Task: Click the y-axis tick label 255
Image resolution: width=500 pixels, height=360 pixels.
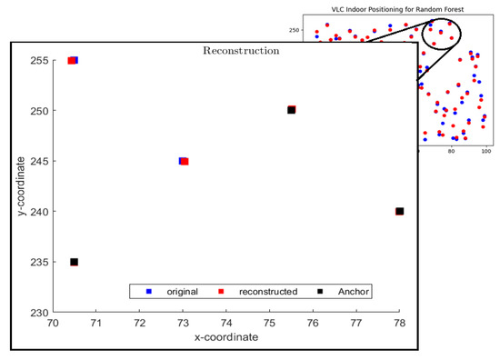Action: tap(40, 61)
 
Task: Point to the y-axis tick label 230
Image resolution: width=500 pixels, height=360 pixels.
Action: tap(40, 313)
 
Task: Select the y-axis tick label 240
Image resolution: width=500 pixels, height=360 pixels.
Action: tap(40, 212)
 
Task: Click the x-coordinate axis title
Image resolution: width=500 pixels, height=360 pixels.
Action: tap(225, 338)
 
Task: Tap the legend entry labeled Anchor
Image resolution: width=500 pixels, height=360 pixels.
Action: tap(350, 292)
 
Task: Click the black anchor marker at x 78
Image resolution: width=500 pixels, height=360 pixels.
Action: tap(399, 212)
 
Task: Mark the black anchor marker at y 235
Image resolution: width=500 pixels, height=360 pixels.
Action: tap(74, 262)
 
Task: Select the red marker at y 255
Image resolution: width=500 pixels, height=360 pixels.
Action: tap(71, 61)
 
